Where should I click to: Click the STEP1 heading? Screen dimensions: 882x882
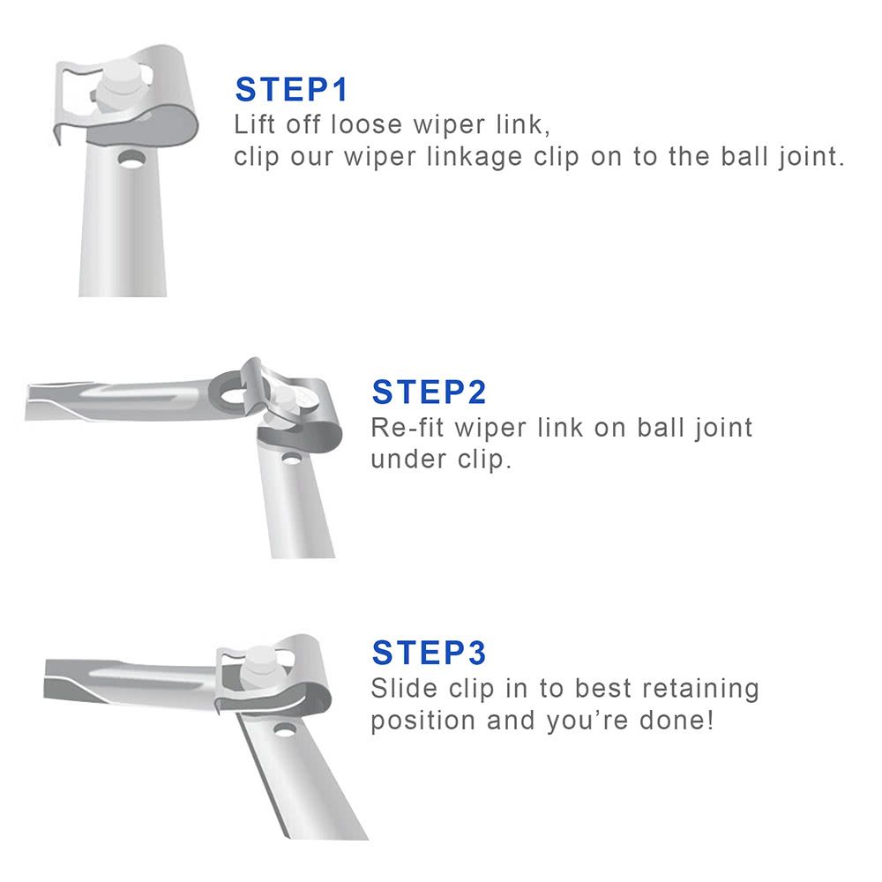(291, 89)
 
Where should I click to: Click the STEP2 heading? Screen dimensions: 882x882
(429, 392)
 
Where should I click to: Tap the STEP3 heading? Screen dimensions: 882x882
(429, 653)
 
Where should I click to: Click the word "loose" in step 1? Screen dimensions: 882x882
(367, 124)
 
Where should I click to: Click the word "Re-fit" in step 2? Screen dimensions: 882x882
(407, 428)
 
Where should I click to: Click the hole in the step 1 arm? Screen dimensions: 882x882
(131, 160)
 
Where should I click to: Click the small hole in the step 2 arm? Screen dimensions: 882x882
(291, 459)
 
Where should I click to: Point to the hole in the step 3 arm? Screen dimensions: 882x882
(285, 730)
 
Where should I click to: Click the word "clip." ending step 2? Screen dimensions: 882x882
(484, 460)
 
